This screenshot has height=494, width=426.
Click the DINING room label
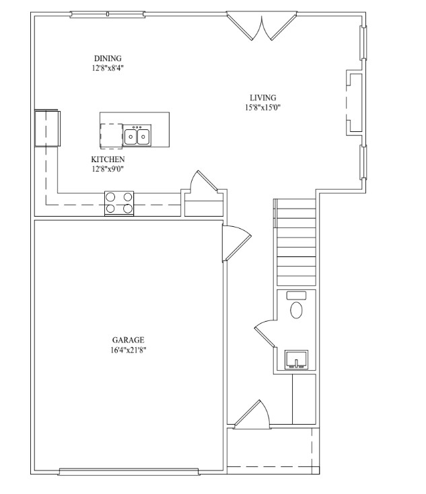point(108,59)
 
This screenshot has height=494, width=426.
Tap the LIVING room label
point(262,98)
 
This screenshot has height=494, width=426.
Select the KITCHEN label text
point(108,159)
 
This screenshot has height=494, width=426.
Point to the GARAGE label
point(129,340)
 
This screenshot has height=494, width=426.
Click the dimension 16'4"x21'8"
point(129,350)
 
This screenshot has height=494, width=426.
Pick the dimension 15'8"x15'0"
point(262,108)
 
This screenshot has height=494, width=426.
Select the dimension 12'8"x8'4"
point(108,68)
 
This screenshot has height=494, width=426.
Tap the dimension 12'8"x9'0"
point(108,169)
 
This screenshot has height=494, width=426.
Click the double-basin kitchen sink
point(137,136)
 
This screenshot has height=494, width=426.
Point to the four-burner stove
point(119,203)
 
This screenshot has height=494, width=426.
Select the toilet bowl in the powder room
point(296,310)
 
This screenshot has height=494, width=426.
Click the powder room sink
point(297,359)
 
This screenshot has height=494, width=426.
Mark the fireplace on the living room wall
point(354,103)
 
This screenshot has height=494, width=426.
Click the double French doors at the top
point(262,26)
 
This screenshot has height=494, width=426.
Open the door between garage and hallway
point(236,243)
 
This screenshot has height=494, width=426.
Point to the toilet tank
point(296,295)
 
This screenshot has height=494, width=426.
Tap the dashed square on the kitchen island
point(111,136)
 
